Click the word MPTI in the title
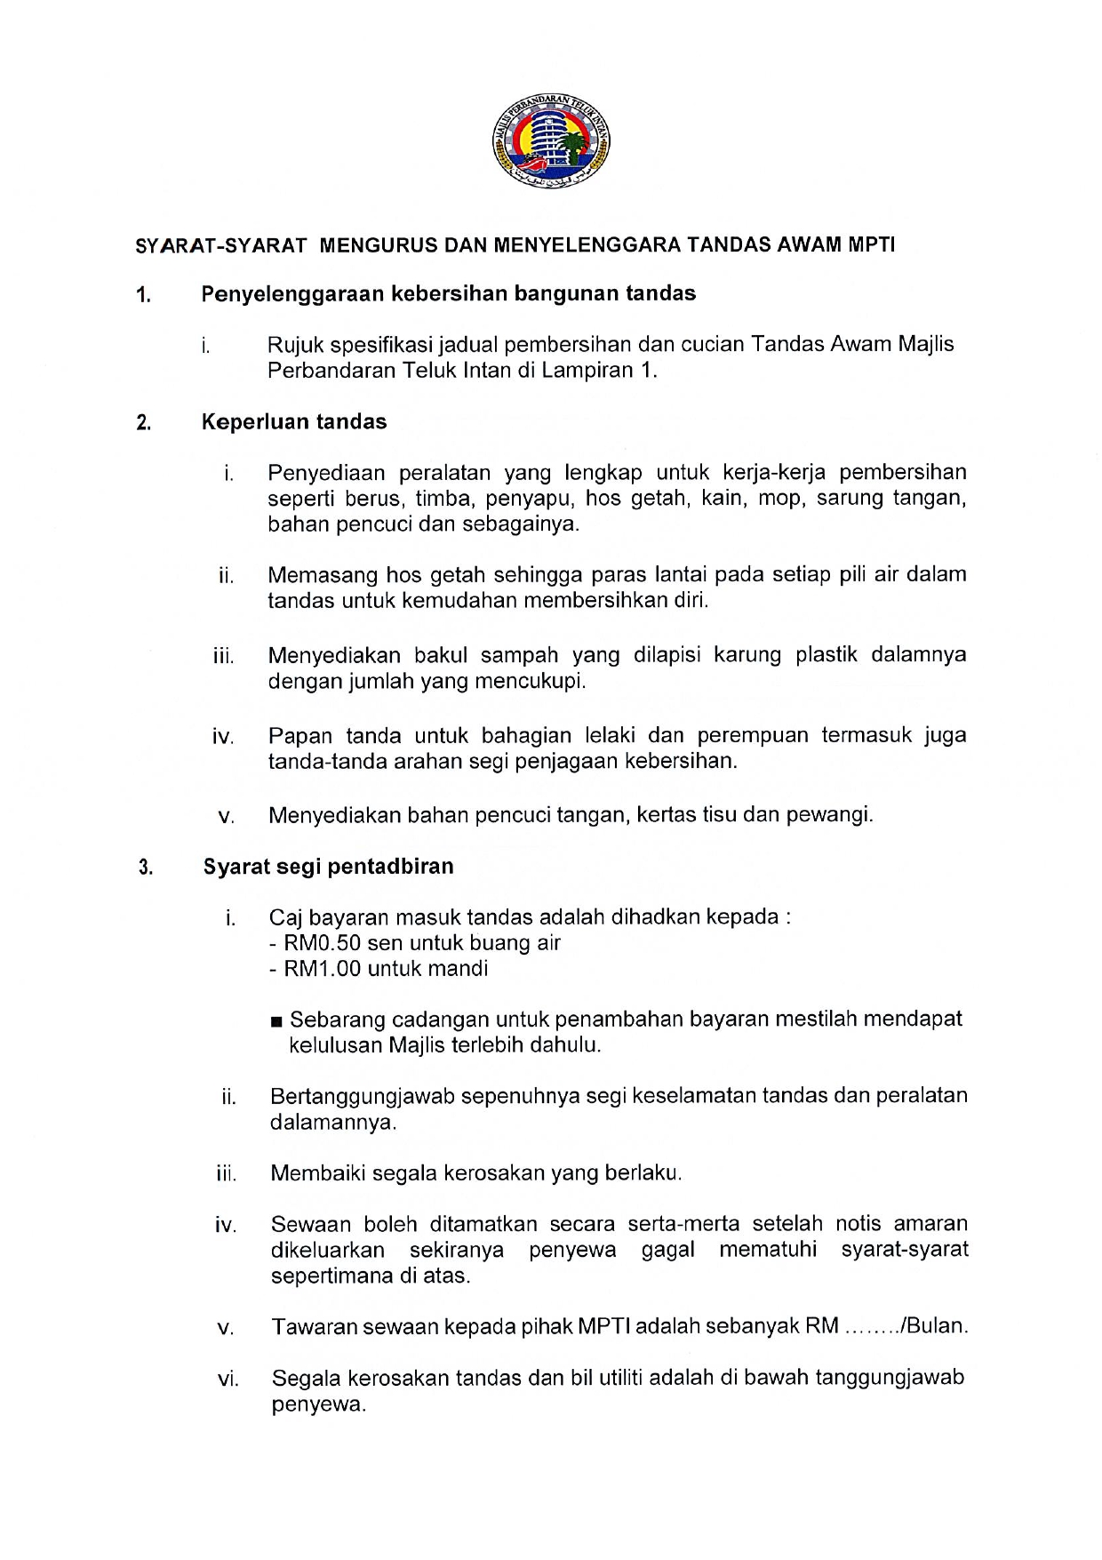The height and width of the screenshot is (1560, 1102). (872, 245)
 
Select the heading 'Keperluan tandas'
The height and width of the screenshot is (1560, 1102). (294, 421)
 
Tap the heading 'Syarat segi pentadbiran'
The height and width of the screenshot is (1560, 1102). (328, 866)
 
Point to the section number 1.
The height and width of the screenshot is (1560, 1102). (143, 294)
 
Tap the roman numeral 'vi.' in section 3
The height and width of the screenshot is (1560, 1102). (228, 1380)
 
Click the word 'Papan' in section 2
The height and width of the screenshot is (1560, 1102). (299, 736)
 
